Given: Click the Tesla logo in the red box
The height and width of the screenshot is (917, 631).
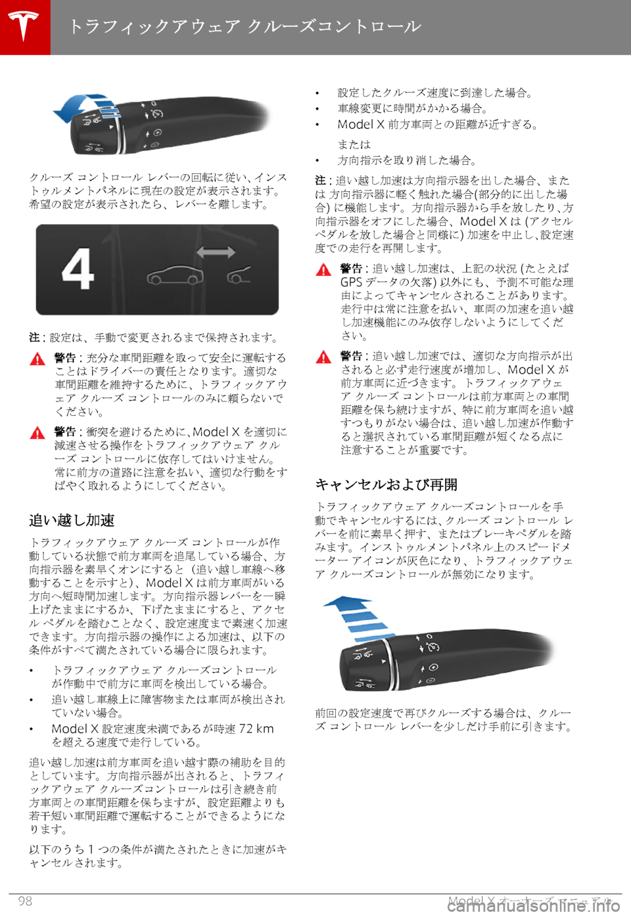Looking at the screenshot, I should (24, 26).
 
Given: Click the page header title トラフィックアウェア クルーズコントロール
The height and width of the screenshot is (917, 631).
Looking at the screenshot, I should (245, 27).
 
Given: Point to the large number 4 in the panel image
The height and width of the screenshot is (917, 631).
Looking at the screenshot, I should (78, 269).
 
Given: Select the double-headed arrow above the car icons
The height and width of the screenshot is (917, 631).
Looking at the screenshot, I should (215, 252).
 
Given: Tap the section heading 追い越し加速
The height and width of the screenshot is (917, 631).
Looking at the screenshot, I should (72, 520).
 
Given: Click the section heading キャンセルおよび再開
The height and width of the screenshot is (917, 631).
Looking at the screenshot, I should (386, 485).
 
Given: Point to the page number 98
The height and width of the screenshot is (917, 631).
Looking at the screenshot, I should (25, 901).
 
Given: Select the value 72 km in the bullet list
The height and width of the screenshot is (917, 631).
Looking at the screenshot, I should (256, 728).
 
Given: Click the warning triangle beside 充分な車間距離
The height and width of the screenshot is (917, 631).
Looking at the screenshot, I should (37, 359).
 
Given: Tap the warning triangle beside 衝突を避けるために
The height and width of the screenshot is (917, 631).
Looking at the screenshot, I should (37, 433).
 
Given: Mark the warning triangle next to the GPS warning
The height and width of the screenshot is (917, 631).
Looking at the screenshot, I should (323, 269).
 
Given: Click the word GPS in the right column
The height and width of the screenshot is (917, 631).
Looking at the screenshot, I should (351, 282).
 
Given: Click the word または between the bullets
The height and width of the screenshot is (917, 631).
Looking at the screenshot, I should (354, 144).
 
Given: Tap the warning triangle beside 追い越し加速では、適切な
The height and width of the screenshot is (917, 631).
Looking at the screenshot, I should (323, 357).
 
